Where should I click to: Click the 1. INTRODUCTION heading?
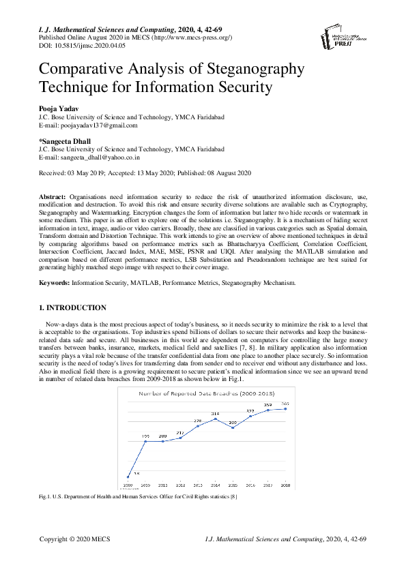point(72,308)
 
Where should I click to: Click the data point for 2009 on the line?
point(128,477)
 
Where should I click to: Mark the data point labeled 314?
point(215,419)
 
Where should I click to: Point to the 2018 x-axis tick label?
point(285,485)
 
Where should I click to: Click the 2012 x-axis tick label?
point(180,485)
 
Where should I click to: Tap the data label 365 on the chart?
point(286,404)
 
